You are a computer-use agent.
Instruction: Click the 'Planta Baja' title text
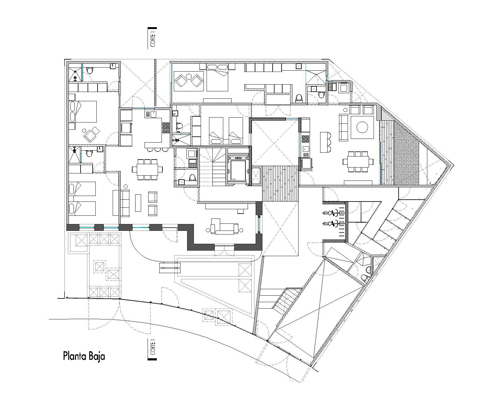84,356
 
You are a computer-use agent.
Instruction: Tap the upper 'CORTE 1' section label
152,38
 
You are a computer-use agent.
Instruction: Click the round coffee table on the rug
362,127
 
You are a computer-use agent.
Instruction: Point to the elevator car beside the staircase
237,170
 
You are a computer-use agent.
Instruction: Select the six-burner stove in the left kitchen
166,128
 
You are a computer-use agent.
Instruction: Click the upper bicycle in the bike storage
332,213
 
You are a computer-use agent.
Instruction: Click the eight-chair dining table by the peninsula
147,169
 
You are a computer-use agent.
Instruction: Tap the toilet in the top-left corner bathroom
90,71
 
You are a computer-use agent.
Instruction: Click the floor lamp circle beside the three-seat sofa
125,186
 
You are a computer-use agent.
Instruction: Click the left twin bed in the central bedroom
216,130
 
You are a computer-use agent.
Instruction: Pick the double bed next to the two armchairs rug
217,80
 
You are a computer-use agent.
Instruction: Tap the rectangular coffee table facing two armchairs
138,202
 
